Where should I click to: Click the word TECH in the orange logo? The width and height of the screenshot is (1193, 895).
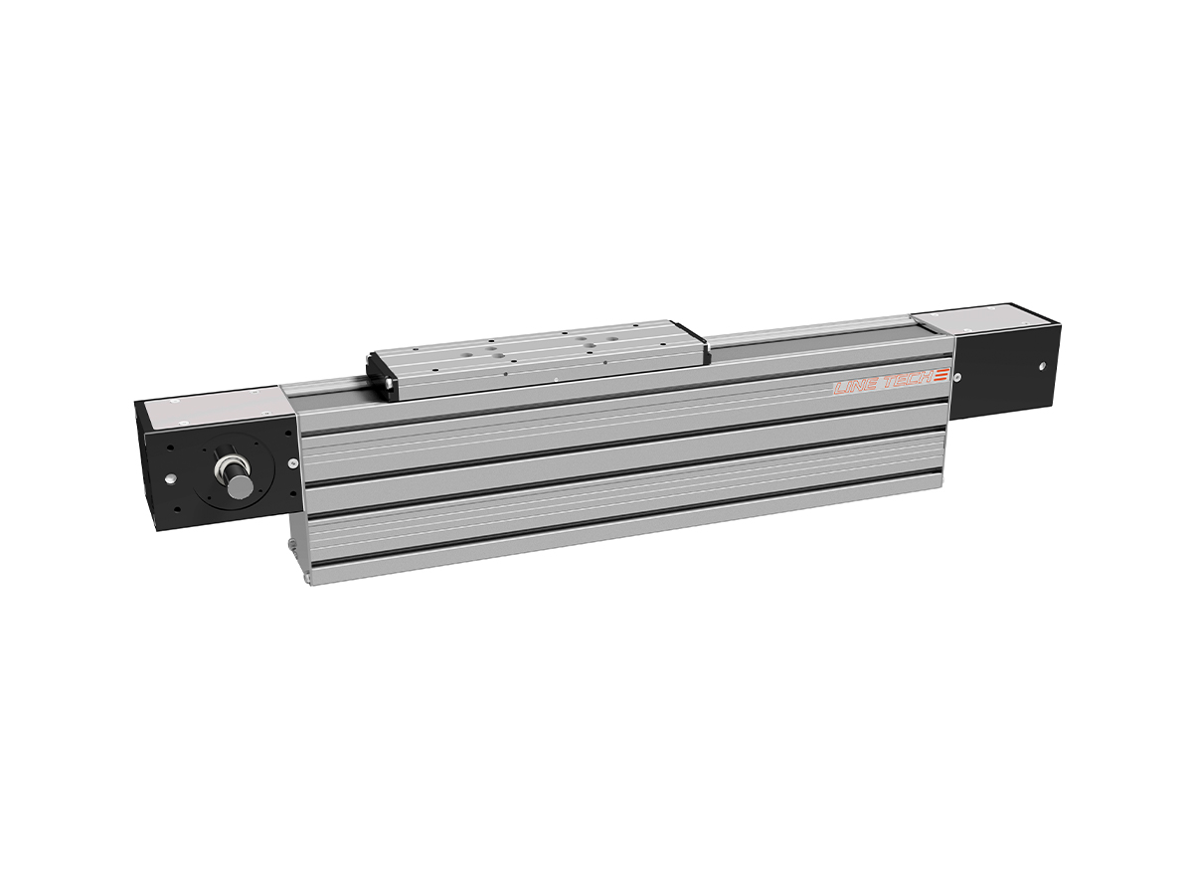[905, 380]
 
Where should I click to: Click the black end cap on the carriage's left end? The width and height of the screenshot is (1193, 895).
[379, 374]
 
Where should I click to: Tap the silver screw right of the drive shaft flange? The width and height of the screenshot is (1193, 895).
[291, 463]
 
